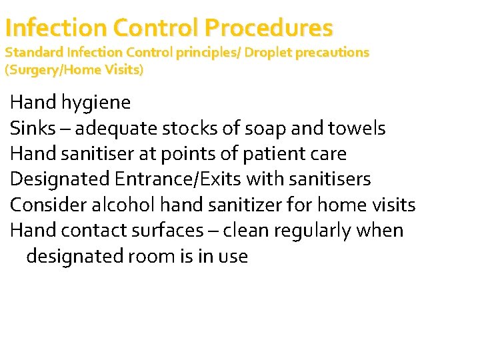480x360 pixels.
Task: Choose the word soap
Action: pos(263,128)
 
